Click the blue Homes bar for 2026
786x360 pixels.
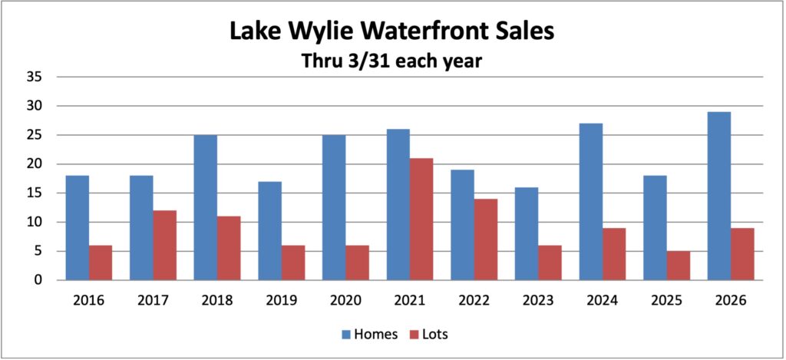[x=718, y=197]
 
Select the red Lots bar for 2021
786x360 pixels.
[x=421, y=220]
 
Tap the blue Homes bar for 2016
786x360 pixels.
[x=78, y=228]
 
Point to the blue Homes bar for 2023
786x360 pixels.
[x=526, y=234]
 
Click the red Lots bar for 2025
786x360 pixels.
[x=678, y=266]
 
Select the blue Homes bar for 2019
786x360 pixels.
[x=269, y=231]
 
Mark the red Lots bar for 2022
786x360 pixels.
[x=486, y=239]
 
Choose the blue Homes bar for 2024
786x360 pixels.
[x=590, y=202]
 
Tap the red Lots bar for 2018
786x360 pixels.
[x=229, y=248]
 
